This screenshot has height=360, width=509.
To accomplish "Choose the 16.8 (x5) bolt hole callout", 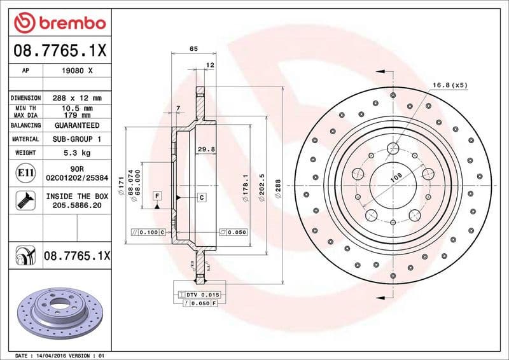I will point(450,85).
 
